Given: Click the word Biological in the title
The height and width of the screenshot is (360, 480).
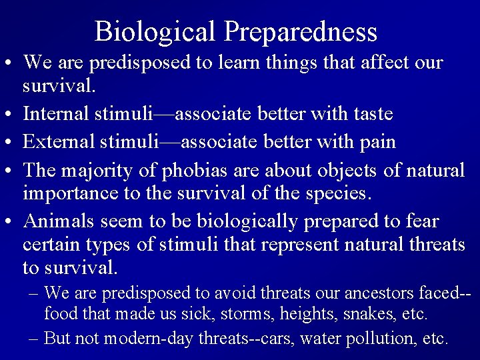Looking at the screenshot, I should (155, 31).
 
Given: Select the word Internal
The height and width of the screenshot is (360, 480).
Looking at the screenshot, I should (53, 114).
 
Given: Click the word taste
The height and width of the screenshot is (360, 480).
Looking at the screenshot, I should (371, 114).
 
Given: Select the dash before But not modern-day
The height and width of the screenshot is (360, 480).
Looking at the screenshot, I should (34, 337).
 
